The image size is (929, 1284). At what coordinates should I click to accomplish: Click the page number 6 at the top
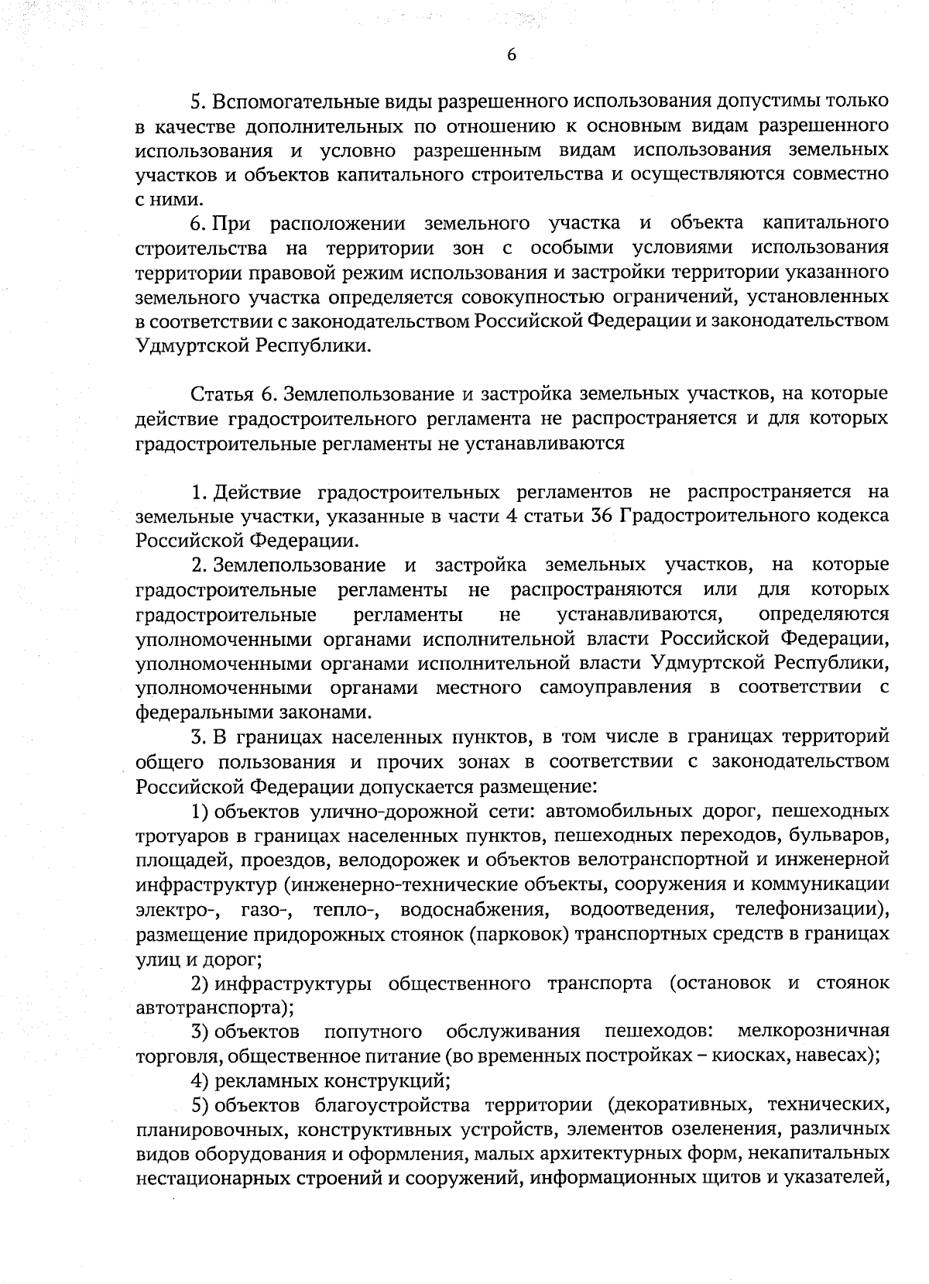510,54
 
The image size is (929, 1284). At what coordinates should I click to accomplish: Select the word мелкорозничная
813,1032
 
